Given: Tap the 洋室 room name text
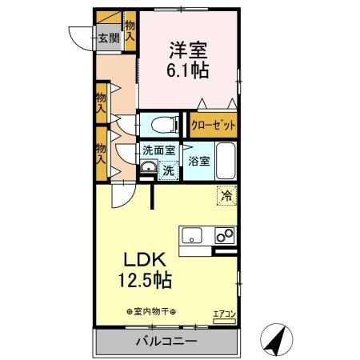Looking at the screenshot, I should [x=190, y=48].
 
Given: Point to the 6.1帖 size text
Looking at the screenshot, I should [x=190, y=70].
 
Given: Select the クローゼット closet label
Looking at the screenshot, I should [x=213, y=126].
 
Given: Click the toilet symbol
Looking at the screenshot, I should [x=159, y=124].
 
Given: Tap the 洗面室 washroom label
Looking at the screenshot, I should [x=158, y=150].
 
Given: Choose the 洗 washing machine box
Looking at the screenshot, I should [x=168, y=170].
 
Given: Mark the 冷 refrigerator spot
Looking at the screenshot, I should [x=227, y=193].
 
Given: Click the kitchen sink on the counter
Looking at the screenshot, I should [x=193, y=235].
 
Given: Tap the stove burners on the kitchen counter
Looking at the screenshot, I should [x=225, y=235].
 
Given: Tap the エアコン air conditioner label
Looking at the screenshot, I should [x=224, y=314].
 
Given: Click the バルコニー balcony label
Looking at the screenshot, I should [x=167, y=342].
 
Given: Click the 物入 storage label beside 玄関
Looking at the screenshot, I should [x=130, y=32].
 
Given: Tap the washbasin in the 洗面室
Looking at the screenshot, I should [x=148, y=168].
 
